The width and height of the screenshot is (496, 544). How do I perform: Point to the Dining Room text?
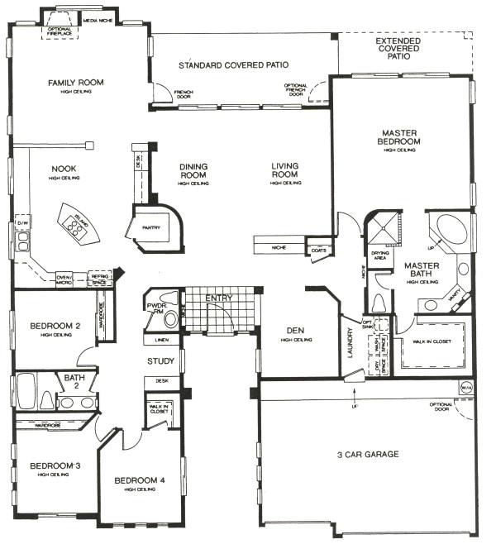pos(193,170)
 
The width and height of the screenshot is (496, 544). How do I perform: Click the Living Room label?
pos(284,170)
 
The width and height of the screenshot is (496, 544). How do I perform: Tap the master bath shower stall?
pos(382,224)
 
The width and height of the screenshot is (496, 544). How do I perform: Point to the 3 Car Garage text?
pos(369,455)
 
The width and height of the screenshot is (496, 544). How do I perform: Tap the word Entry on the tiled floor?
pos(218,298)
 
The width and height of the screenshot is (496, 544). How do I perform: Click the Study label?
pos(160,361)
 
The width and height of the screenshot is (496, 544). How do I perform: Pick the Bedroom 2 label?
pos(55,326)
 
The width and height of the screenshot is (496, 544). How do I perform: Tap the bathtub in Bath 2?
pos(26,391)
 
